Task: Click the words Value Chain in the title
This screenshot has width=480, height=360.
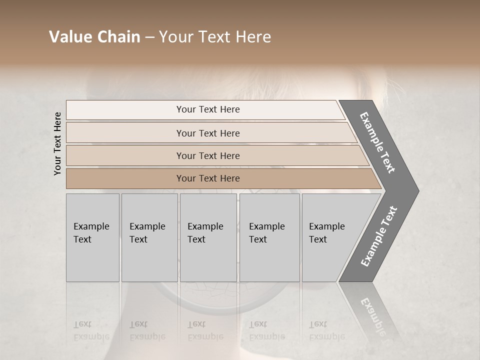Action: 94,37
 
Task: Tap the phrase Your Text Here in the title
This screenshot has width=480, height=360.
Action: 215,37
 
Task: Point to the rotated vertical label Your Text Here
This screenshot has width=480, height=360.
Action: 57,143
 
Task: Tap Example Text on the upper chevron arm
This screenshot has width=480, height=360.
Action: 377,142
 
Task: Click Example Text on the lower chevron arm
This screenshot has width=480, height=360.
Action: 379,236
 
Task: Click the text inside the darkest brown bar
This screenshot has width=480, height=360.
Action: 208,178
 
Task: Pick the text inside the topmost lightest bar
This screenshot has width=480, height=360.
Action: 208,109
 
